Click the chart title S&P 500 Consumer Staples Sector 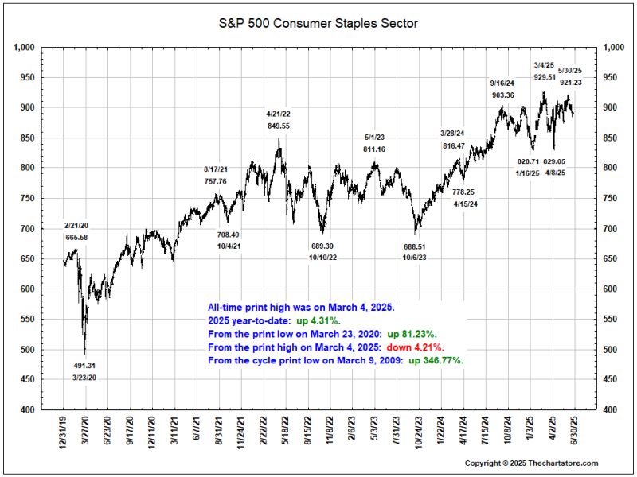point(318,24)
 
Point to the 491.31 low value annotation point(85,366)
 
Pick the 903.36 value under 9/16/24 point(502,95)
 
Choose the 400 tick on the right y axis point(612,409)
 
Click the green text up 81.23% point(412,334)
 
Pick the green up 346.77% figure point(435,360)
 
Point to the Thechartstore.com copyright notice point(531,463)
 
